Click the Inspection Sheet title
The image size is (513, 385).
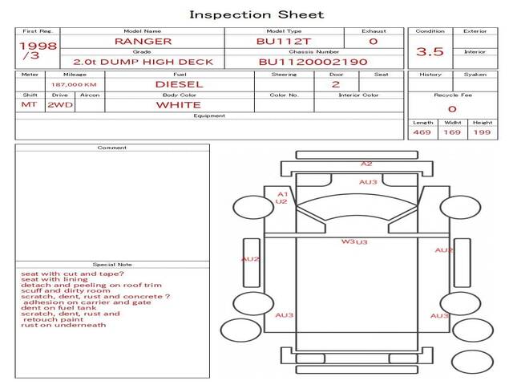(256, 14)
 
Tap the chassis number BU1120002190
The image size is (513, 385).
(313, 62)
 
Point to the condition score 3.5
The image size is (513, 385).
(430, 52)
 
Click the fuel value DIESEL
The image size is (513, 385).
(179, 83)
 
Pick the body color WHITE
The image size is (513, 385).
(178, 104)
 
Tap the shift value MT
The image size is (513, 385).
(29, 104)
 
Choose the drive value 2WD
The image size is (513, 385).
(57, 104)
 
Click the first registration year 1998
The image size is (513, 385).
(38, 46)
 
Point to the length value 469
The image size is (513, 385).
(422, 132)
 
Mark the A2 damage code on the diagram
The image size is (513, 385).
(366, 164)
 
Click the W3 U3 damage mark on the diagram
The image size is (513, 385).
(354, 241)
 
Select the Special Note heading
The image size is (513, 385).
(112, 265)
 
